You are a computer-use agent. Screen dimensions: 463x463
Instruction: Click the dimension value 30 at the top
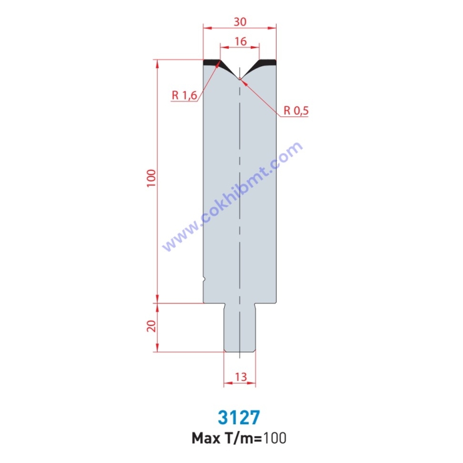[240, 21]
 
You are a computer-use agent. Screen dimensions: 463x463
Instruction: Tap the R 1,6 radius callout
[184, 95]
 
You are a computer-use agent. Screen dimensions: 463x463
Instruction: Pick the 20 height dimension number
[150, 327]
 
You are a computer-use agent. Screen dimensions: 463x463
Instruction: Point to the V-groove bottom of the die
[240, 78]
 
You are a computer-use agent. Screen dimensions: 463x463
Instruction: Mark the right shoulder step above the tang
[265, 302]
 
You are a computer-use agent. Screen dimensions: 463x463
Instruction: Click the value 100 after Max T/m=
[275, 437]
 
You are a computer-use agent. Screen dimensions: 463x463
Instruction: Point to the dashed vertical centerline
[240, 188]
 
